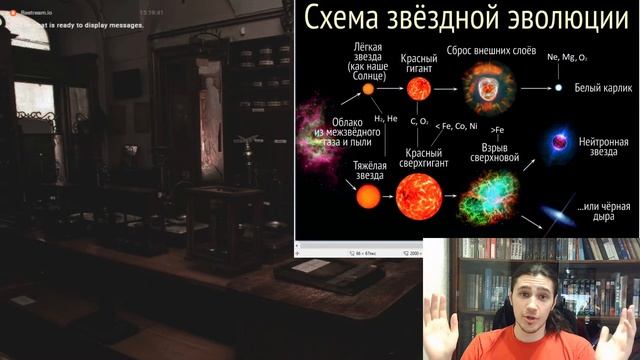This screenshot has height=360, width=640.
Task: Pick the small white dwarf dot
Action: coord(559,88)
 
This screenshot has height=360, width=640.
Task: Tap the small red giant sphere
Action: coord(419,88)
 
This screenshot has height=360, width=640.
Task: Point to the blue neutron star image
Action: coord(557,145)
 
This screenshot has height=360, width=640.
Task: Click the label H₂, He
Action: coord(386,117)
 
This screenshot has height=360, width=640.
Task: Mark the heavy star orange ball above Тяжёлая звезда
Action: coord(368,196)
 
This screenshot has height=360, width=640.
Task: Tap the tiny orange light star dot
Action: coord(368,89)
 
